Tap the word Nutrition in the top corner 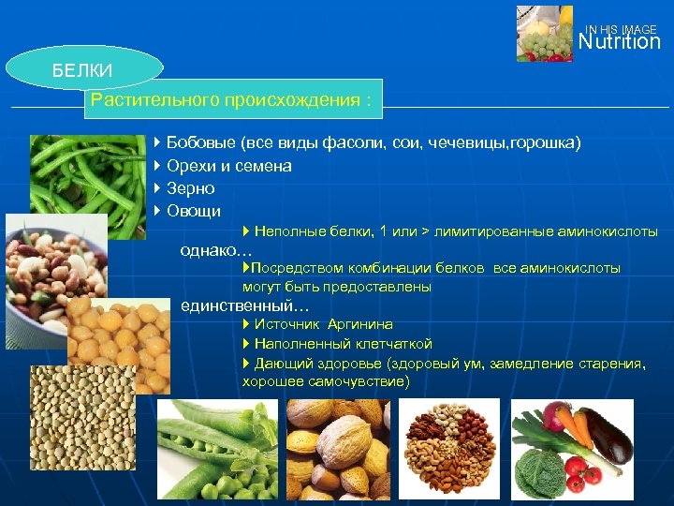619,43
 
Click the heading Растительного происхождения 233,99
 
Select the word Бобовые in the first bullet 200,143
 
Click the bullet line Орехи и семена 228,166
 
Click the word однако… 216,250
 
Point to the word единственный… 244,305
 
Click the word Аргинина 360,324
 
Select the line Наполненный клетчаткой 342,344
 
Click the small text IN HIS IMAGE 621,30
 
